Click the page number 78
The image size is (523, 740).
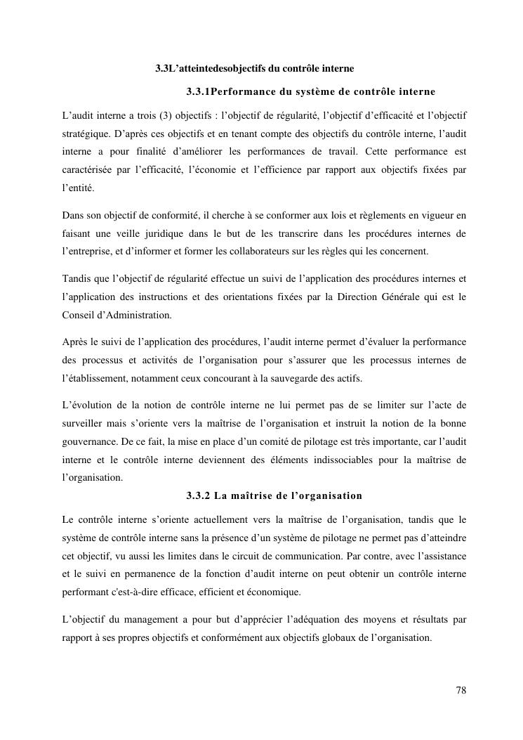tap(461, 689)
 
